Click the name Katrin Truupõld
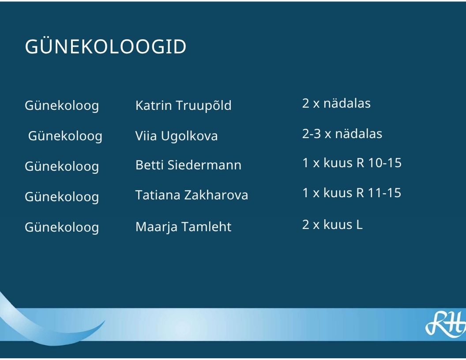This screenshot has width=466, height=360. [184, 105]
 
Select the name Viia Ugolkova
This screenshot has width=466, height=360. [177, 136]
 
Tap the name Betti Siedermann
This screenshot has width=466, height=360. [188, 165]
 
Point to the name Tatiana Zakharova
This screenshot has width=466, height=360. [192, 195]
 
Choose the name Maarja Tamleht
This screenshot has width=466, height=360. [184, 227]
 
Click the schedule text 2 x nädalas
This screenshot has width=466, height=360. [336, 103]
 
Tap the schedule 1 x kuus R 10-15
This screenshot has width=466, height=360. [352, 163]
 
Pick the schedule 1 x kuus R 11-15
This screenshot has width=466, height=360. [352, 193]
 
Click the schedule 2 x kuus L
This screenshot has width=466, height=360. [332, 224]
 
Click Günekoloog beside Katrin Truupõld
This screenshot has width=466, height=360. [62, 106]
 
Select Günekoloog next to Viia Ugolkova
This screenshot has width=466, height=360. [65, 136]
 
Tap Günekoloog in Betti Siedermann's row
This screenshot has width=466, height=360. [62, 167]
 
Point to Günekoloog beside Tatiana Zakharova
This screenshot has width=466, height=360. [62, 197]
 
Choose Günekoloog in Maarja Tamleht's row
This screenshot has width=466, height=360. [62, 228]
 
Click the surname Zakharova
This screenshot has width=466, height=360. [216, 195]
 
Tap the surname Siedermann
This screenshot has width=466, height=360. [204, 165]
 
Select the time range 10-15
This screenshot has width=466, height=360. [385, 163]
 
